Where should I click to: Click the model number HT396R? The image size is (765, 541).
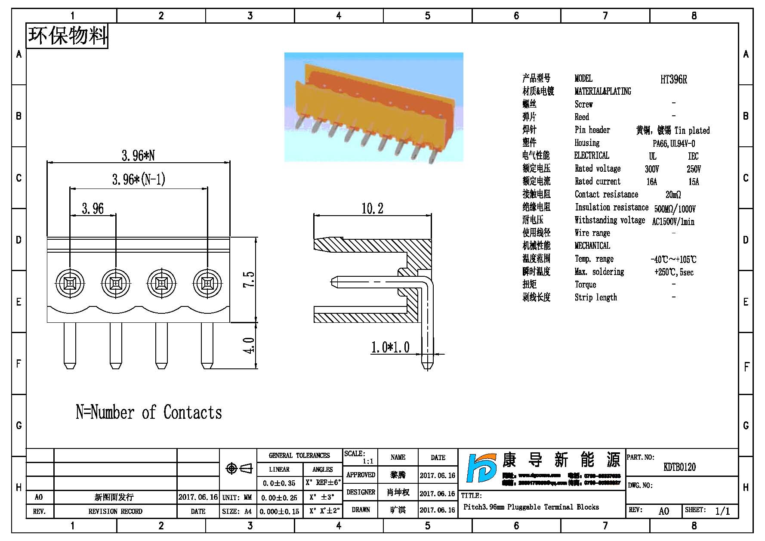[673, 79]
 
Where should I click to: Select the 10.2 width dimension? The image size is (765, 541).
[372, 209]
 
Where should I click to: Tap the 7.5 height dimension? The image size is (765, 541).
[249, 279]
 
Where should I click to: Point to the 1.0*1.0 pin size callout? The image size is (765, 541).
[390, 347]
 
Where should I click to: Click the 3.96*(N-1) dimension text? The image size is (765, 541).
[139, 179]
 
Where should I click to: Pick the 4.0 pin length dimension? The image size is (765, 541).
[249, 345]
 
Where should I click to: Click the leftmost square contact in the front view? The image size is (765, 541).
[70, 283]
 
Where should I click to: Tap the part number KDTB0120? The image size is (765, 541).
[679, 467]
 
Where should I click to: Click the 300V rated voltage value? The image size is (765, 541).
[652, 169]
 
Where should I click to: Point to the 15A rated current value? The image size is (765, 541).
[694, 182]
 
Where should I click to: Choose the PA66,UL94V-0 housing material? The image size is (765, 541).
[674, 143]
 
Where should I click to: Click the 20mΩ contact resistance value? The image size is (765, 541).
[673, 195]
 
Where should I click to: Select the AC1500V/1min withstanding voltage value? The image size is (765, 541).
[673, 222]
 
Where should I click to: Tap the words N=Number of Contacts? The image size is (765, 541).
[149, 412]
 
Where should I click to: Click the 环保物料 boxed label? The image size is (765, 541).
[67, 36]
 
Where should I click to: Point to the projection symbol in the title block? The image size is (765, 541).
[239, 468]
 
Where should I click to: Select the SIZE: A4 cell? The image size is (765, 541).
[237, 511]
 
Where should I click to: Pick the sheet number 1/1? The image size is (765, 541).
[722, 511]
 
